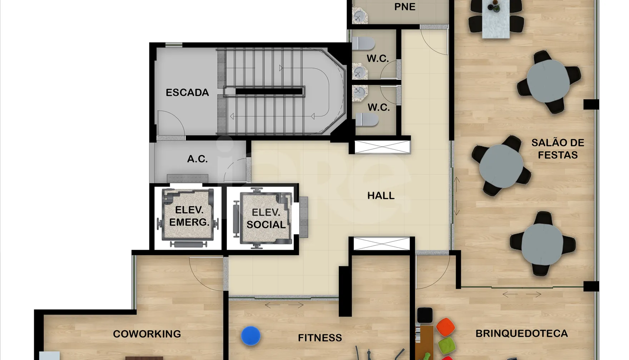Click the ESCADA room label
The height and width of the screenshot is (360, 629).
point(187,92)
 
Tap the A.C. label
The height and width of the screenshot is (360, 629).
point(197,159)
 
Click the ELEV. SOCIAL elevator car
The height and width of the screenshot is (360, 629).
point(266,218)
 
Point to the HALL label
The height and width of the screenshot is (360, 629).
point(381,195)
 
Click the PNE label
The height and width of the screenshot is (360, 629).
point(405,7)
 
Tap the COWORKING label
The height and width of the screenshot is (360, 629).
point(147,334)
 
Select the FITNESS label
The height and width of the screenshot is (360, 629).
point(320,337)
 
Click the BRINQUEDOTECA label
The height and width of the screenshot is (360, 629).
point(521,333)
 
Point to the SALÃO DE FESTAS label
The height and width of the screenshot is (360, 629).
point(558,149)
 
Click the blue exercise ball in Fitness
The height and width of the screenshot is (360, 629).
point(251,336)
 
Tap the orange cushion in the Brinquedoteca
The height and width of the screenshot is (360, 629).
point(445,327)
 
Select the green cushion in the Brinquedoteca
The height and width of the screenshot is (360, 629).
point(446,346)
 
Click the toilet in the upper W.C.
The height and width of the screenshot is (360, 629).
point(363,44)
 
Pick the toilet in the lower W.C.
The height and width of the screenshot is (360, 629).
point(367,120)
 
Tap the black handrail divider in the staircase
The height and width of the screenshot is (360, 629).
point(269,91)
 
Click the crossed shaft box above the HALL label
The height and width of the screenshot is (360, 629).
point(382,147)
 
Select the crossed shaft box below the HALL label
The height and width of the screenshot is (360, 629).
point(381,244)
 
